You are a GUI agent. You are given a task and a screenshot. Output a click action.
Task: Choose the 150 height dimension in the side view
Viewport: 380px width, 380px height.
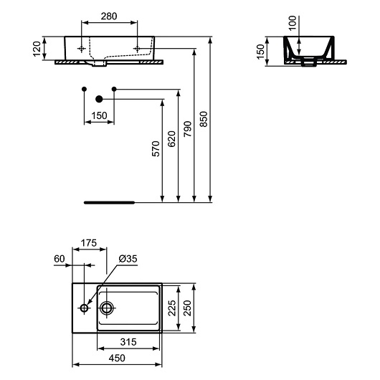(x=261, y=49)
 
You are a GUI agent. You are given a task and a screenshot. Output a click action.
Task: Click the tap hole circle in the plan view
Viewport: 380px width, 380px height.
(x=85, y=308)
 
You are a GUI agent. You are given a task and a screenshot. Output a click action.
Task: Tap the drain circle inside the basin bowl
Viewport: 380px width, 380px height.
(x=108, y=308)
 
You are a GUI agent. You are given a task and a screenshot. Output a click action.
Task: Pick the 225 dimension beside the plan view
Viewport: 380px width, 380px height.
(x=172, y=308)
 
